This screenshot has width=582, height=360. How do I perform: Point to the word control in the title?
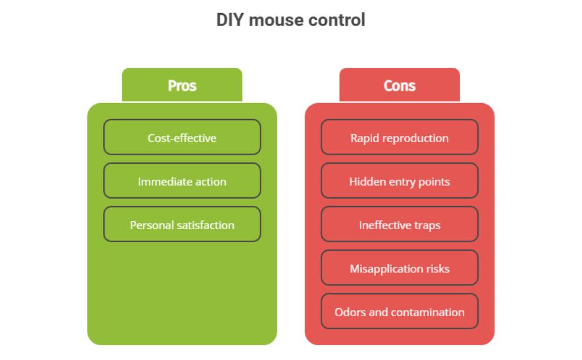point(336,20)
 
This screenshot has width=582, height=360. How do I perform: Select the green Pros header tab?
point(182,85)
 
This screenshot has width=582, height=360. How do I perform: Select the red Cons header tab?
point(400,85)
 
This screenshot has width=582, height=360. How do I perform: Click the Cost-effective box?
point(182,137)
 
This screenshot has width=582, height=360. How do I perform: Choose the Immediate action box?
point(182,181)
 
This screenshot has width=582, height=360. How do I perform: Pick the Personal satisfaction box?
point(182,224)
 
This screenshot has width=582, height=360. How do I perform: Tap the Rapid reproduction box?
point(400,137)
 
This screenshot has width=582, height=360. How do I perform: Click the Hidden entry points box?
point(400,181)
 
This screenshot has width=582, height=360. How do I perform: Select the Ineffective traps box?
point(400,224)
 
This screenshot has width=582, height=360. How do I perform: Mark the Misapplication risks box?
point(400,268)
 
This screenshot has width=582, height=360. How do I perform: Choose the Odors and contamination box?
point(400,311)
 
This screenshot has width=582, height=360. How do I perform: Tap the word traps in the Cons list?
point(426,226)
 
